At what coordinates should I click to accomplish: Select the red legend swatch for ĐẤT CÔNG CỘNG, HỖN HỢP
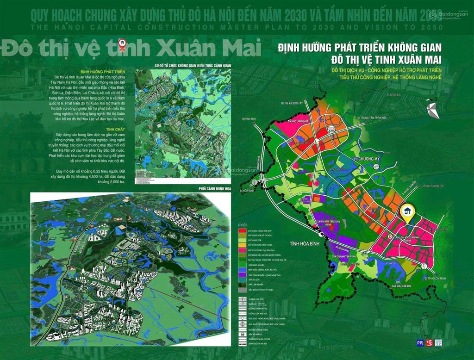241,230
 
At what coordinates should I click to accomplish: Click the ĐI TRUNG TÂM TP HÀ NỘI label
376,118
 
